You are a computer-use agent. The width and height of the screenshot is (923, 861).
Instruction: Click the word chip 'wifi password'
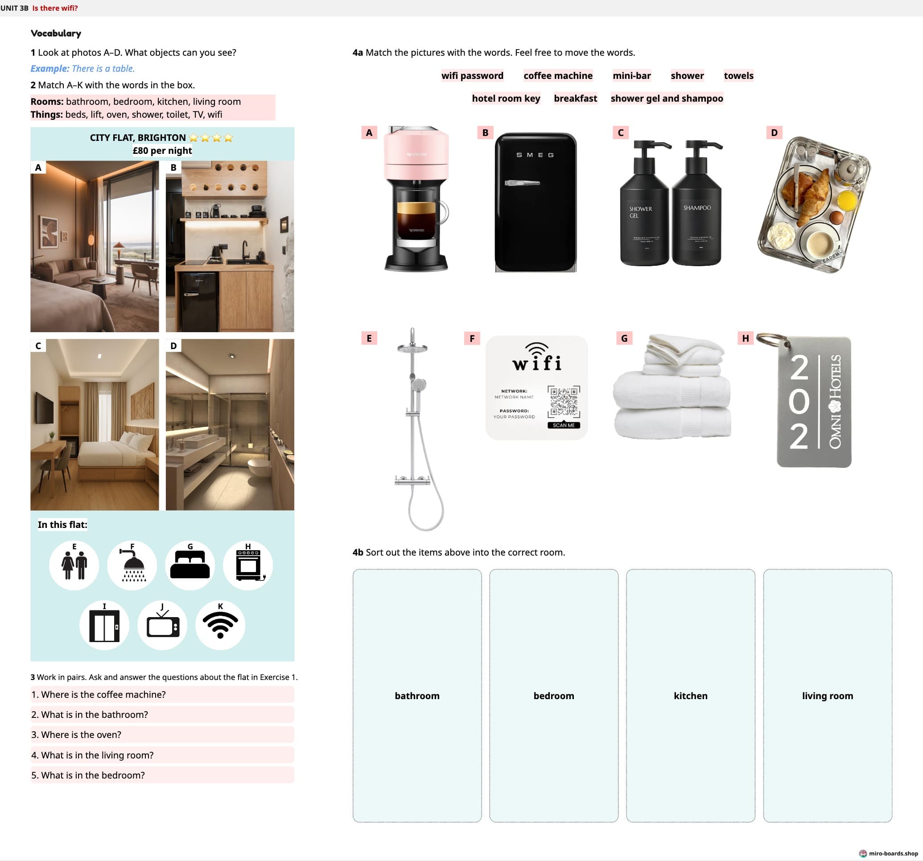[472, 76]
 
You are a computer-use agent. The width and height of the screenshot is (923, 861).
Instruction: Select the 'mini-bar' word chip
[631, 76]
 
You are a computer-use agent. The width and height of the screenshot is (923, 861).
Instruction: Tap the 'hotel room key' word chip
[506, 99]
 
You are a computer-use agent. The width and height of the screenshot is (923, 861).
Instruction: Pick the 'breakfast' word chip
[575, 99]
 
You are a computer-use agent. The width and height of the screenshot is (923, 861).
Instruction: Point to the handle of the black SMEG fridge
[522, 183]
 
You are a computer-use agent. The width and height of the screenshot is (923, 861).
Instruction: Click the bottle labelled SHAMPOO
[696, 204]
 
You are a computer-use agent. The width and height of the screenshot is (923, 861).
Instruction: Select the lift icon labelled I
[104, 626]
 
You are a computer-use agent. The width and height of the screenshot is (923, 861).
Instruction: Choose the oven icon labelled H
[248, 565]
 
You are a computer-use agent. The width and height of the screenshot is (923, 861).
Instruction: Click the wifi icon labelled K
[220, 625]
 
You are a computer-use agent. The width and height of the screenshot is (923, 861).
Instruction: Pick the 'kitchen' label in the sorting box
[690, 696]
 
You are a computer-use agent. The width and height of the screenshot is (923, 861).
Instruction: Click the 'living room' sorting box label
[828, 696]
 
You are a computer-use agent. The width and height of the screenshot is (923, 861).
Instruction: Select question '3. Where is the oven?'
[77, 735]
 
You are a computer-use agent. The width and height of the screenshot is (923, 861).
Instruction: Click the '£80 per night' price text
[162, 150]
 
